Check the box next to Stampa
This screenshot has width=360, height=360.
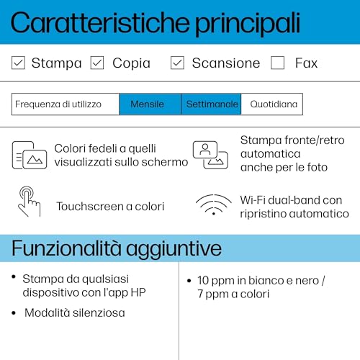coord(19,63)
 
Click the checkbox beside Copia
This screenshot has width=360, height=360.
coord(97,63)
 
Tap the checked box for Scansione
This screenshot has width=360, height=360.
coord(177,63)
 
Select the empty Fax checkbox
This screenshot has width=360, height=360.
coord(278,63)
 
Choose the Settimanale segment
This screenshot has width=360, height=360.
coord(212,104)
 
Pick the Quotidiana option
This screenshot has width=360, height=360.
coord(273,104)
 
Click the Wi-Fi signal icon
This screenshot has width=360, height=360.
coord(214,205)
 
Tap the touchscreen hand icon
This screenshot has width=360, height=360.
coord(29,202)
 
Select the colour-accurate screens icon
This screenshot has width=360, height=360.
coord(29,154)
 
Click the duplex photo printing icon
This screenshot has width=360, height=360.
coord(210,154)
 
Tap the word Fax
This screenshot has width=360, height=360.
coord(306,63)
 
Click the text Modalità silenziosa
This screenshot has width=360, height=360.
coord(74,312)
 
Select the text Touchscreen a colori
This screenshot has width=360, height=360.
coord(110,207)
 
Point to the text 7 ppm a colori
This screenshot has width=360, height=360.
coord(233,294)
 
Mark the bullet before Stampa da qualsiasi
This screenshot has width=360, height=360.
coord(14,277)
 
